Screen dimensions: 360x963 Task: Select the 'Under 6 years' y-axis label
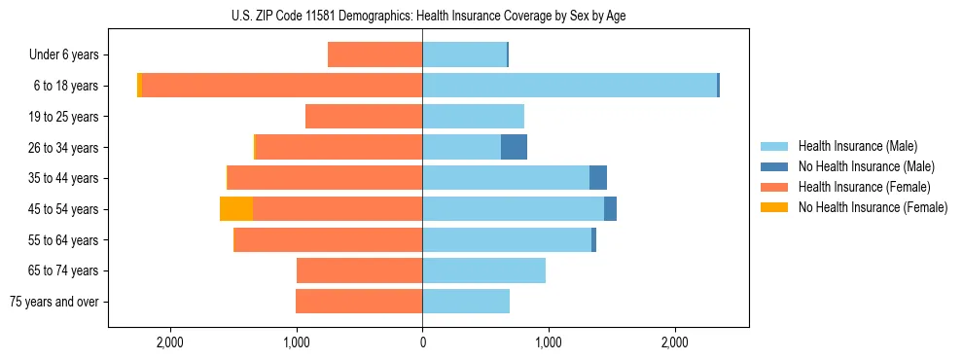point(63,55)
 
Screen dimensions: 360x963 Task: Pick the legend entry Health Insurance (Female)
point(864,187)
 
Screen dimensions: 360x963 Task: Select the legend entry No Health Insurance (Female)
point(873,207)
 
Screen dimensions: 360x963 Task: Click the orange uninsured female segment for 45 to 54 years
point(236,209)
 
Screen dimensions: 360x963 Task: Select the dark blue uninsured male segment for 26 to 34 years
point(514,147)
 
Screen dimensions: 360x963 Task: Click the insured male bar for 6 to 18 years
point(569,86)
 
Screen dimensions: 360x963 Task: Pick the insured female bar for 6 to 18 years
point(282,86)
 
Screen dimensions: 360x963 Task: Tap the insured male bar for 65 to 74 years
point(483,270)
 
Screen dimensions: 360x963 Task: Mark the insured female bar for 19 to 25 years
point(364,117)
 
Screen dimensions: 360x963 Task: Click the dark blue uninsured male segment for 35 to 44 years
point(598,178)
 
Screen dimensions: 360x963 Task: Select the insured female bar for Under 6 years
point(374,55)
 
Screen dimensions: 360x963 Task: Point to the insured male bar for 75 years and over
point(466,302)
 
